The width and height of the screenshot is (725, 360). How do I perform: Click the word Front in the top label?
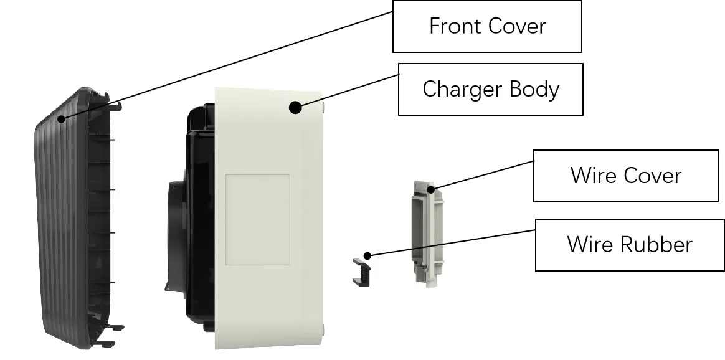click(x=452, y=26)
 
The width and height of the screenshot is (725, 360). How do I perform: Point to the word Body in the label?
click(x=534, y=89)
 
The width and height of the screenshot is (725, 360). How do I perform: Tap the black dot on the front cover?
click(x=61, y=118)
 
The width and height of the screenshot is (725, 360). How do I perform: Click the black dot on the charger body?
click(x=295, y=108)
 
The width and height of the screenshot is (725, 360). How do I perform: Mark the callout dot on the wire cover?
click(x=430, y=187)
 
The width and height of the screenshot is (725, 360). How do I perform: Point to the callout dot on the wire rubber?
click(x=368, y=255)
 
